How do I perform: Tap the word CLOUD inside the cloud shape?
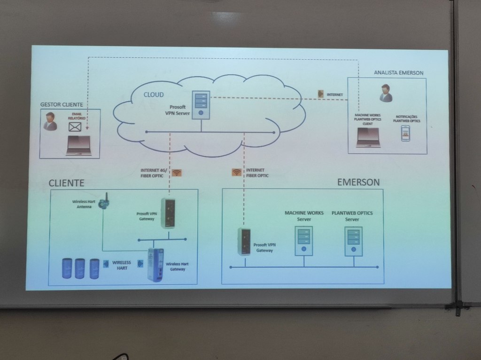pyautogui.click(x=154, y=95)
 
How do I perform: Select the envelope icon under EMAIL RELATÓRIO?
pyautogui.click(x=75, y=127)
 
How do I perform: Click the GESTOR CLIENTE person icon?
pyautogui.click(x=50, y=121)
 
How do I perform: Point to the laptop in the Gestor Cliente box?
pyautogui.click(x=79, y=145)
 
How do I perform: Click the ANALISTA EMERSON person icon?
pyautogui.click(x=386, y=93)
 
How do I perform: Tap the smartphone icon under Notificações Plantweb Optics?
pyautogui.click(x=405, y=133)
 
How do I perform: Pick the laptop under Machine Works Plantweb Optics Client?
pyautogui.click(x=368, y=137)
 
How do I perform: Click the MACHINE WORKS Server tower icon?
pyautogui.click(x=303, y=241)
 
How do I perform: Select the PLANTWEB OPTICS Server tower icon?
pyautogui.click(x=353, y=241)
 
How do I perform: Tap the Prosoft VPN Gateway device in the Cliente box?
pyautogui.click(x=168, y=213)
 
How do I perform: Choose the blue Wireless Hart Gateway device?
pyautogui.click(x=155, y=265)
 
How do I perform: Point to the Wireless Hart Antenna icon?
pyautogui.click(x=105, y=201)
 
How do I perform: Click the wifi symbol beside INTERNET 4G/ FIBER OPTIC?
pyautogui.click(x=177, y=172)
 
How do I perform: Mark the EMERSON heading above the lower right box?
pyautogui.click(x=358, y=182)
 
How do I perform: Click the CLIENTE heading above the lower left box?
pyautogui.click(x=67, y=183)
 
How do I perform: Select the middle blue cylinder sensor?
pyautogui.click(x=80, y=268)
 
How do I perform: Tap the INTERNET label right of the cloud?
pyautogui.click(x=334, y=95)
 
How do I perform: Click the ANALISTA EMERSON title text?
pyautogui.click(x=398, y=73)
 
